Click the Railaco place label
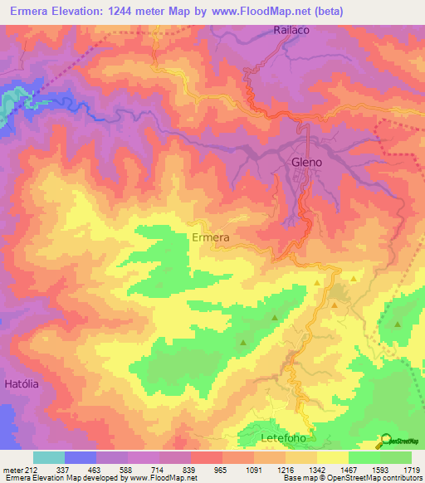[x=291, y=31]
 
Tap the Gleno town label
[x=306, y=163]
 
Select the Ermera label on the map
[x=210, y=237]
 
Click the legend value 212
[x=31, y=470]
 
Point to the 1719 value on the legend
[x=412, y=470]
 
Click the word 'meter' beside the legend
[x=12, y=470]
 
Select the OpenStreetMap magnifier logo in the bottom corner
[x=384, y=441]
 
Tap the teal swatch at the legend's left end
[x=48, y=457]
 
